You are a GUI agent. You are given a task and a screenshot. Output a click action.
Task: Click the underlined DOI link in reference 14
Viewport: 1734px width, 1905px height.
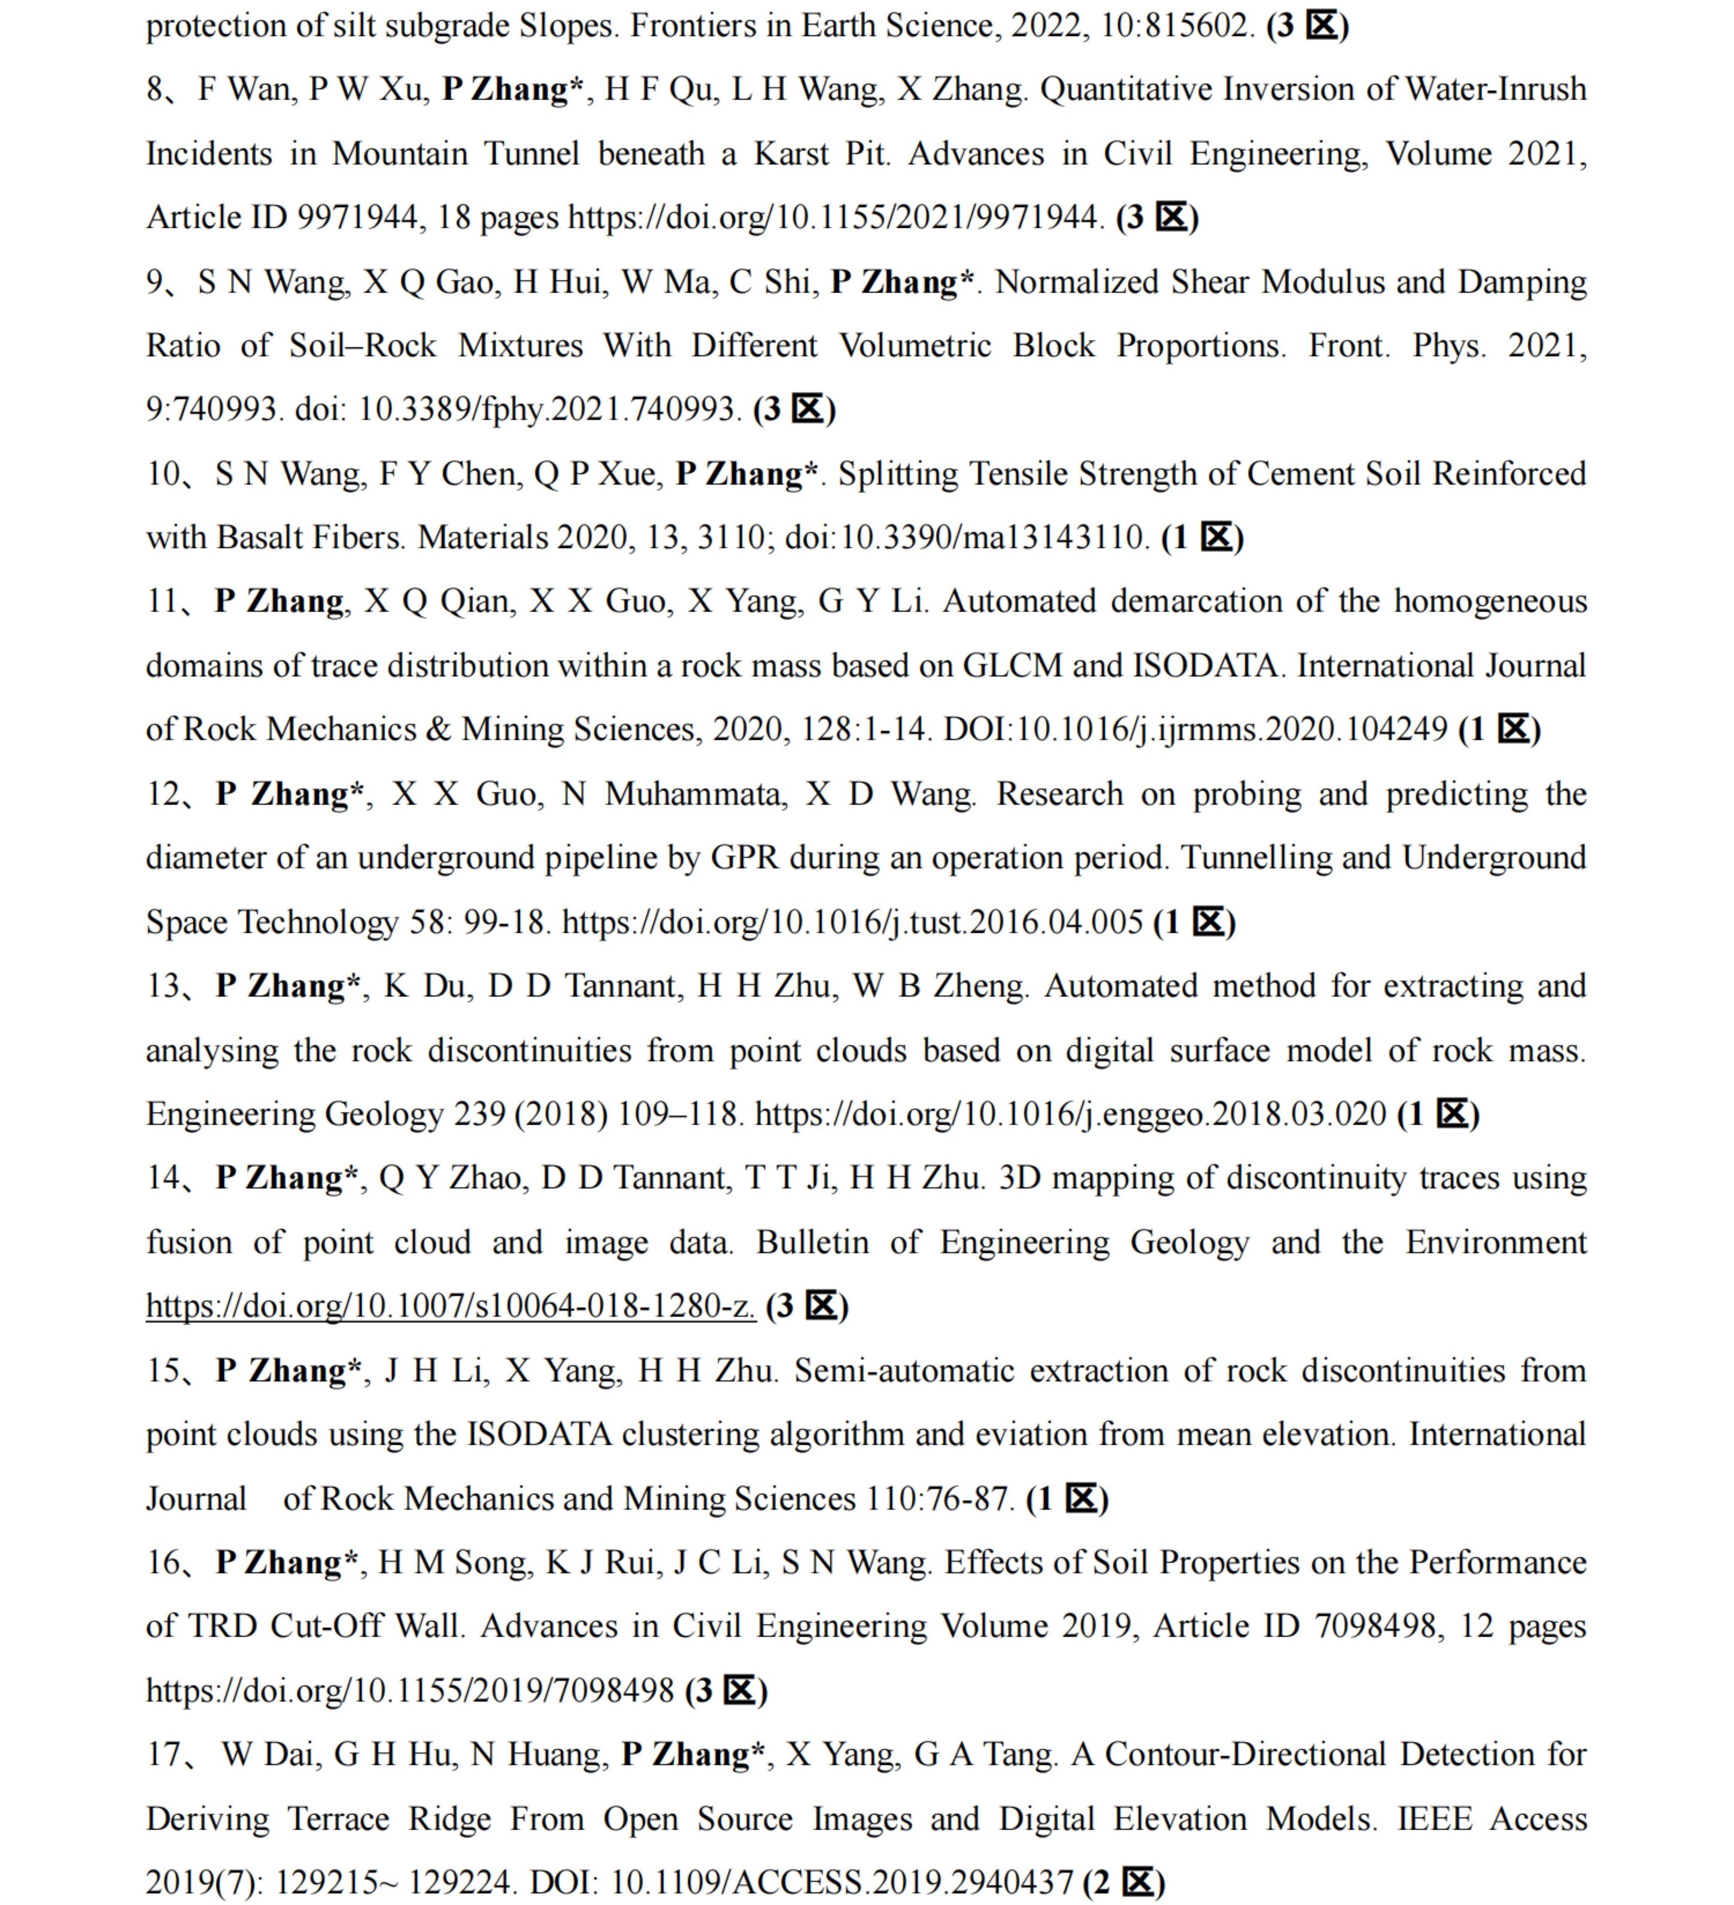(451, 1306)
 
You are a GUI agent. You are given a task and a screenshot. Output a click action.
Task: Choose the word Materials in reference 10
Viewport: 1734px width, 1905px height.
(482, 537)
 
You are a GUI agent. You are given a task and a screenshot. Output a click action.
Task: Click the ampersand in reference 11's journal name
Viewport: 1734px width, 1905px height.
(438, 730)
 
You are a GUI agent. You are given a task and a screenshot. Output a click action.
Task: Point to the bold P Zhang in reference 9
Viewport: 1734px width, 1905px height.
(894, 282)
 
